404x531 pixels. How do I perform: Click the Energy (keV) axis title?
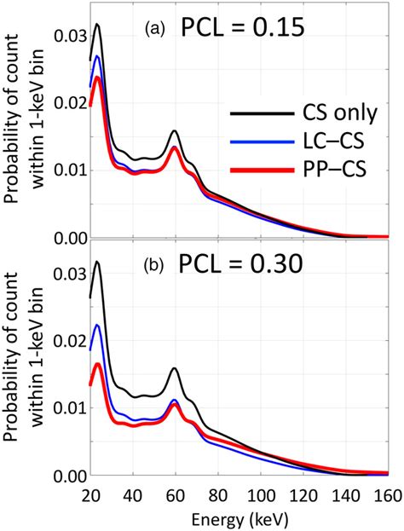(239, 517)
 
